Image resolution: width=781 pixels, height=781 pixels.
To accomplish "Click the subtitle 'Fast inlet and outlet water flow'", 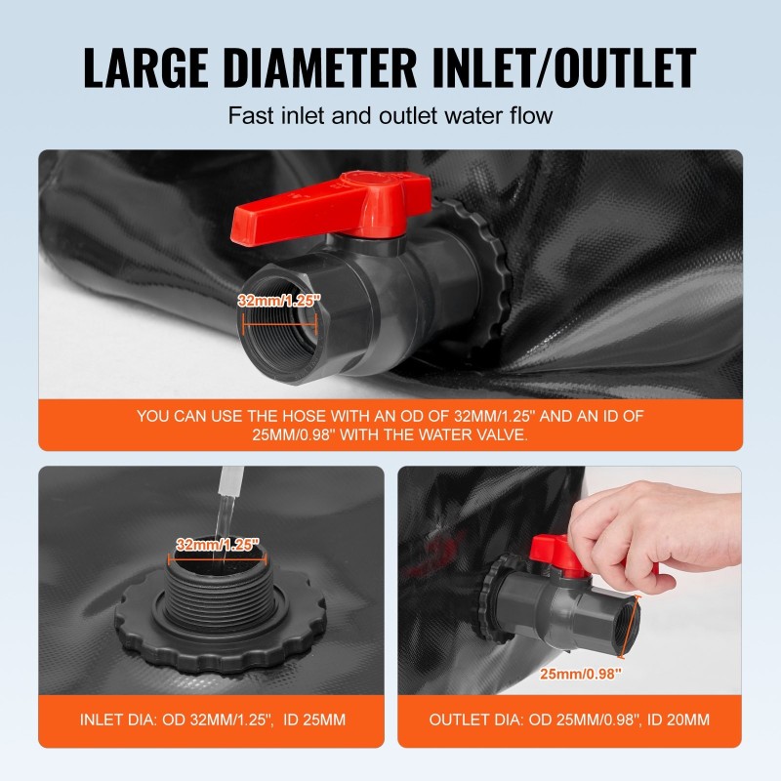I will point(390,115).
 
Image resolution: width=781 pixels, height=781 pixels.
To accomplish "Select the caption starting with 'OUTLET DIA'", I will point(569,720).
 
